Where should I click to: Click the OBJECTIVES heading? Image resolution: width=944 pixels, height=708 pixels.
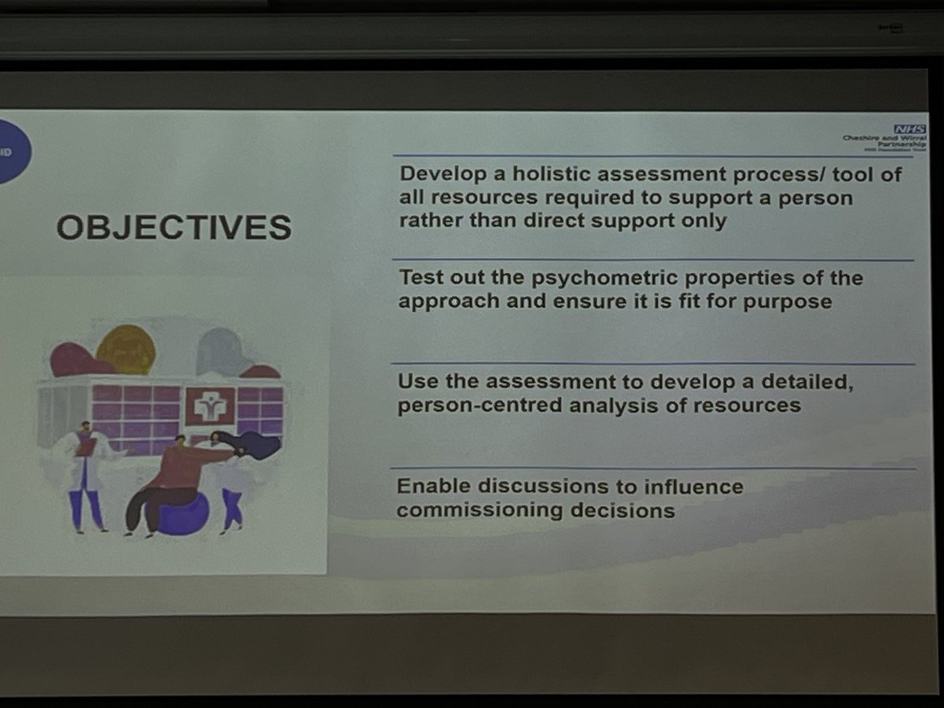174,227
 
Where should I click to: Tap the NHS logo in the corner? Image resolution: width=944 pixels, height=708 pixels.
909,129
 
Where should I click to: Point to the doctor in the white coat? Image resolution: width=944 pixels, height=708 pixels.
86,472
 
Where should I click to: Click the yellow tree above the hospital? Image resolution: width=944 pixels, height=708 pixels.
126,348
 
